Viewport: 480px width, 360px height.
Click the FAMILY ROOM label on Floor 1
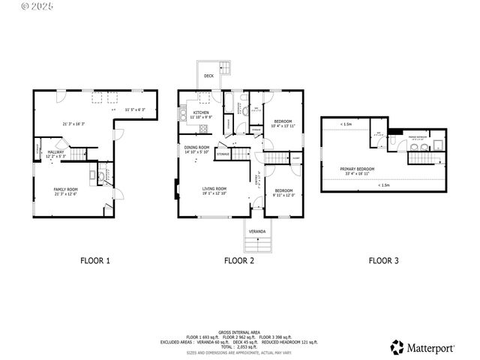[x=65, y=189]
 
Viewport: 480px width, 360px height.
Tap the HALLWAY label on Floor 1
[x=56, y=152]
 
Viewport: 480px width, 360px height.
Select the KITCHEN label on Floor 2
[x=199, y=113]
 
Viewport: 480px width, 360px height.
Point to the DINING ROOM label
[x=196, y=148]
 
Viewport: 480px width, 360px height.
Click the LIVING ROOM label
[x=214, y=188]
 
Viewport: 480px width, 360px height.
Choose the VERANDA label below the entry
[x=257, y=232]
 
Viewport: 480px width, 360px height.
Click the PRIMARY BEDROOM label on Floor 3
[x=357, y=169]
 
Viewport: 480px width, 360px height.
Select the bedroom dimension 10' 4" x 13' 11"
[x=282, y=125]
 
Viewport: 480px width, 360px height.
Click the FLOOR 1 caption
[x=95, y=261]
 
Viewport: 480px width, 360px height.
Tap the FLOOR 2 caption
[x=239, y=261]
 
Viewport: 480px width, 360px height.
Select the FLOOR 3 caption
[x=383, y=261]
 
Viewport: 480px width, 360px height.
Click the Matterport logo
[x=423, y=347]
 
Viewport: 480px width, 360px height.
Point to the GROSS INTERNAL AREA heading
[x=239, y=331]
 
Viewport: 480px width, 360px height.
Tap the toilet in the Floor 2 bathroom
[x=245, y=109]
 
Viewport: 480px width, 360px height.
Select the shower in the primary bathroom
[x=439, y=139]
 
